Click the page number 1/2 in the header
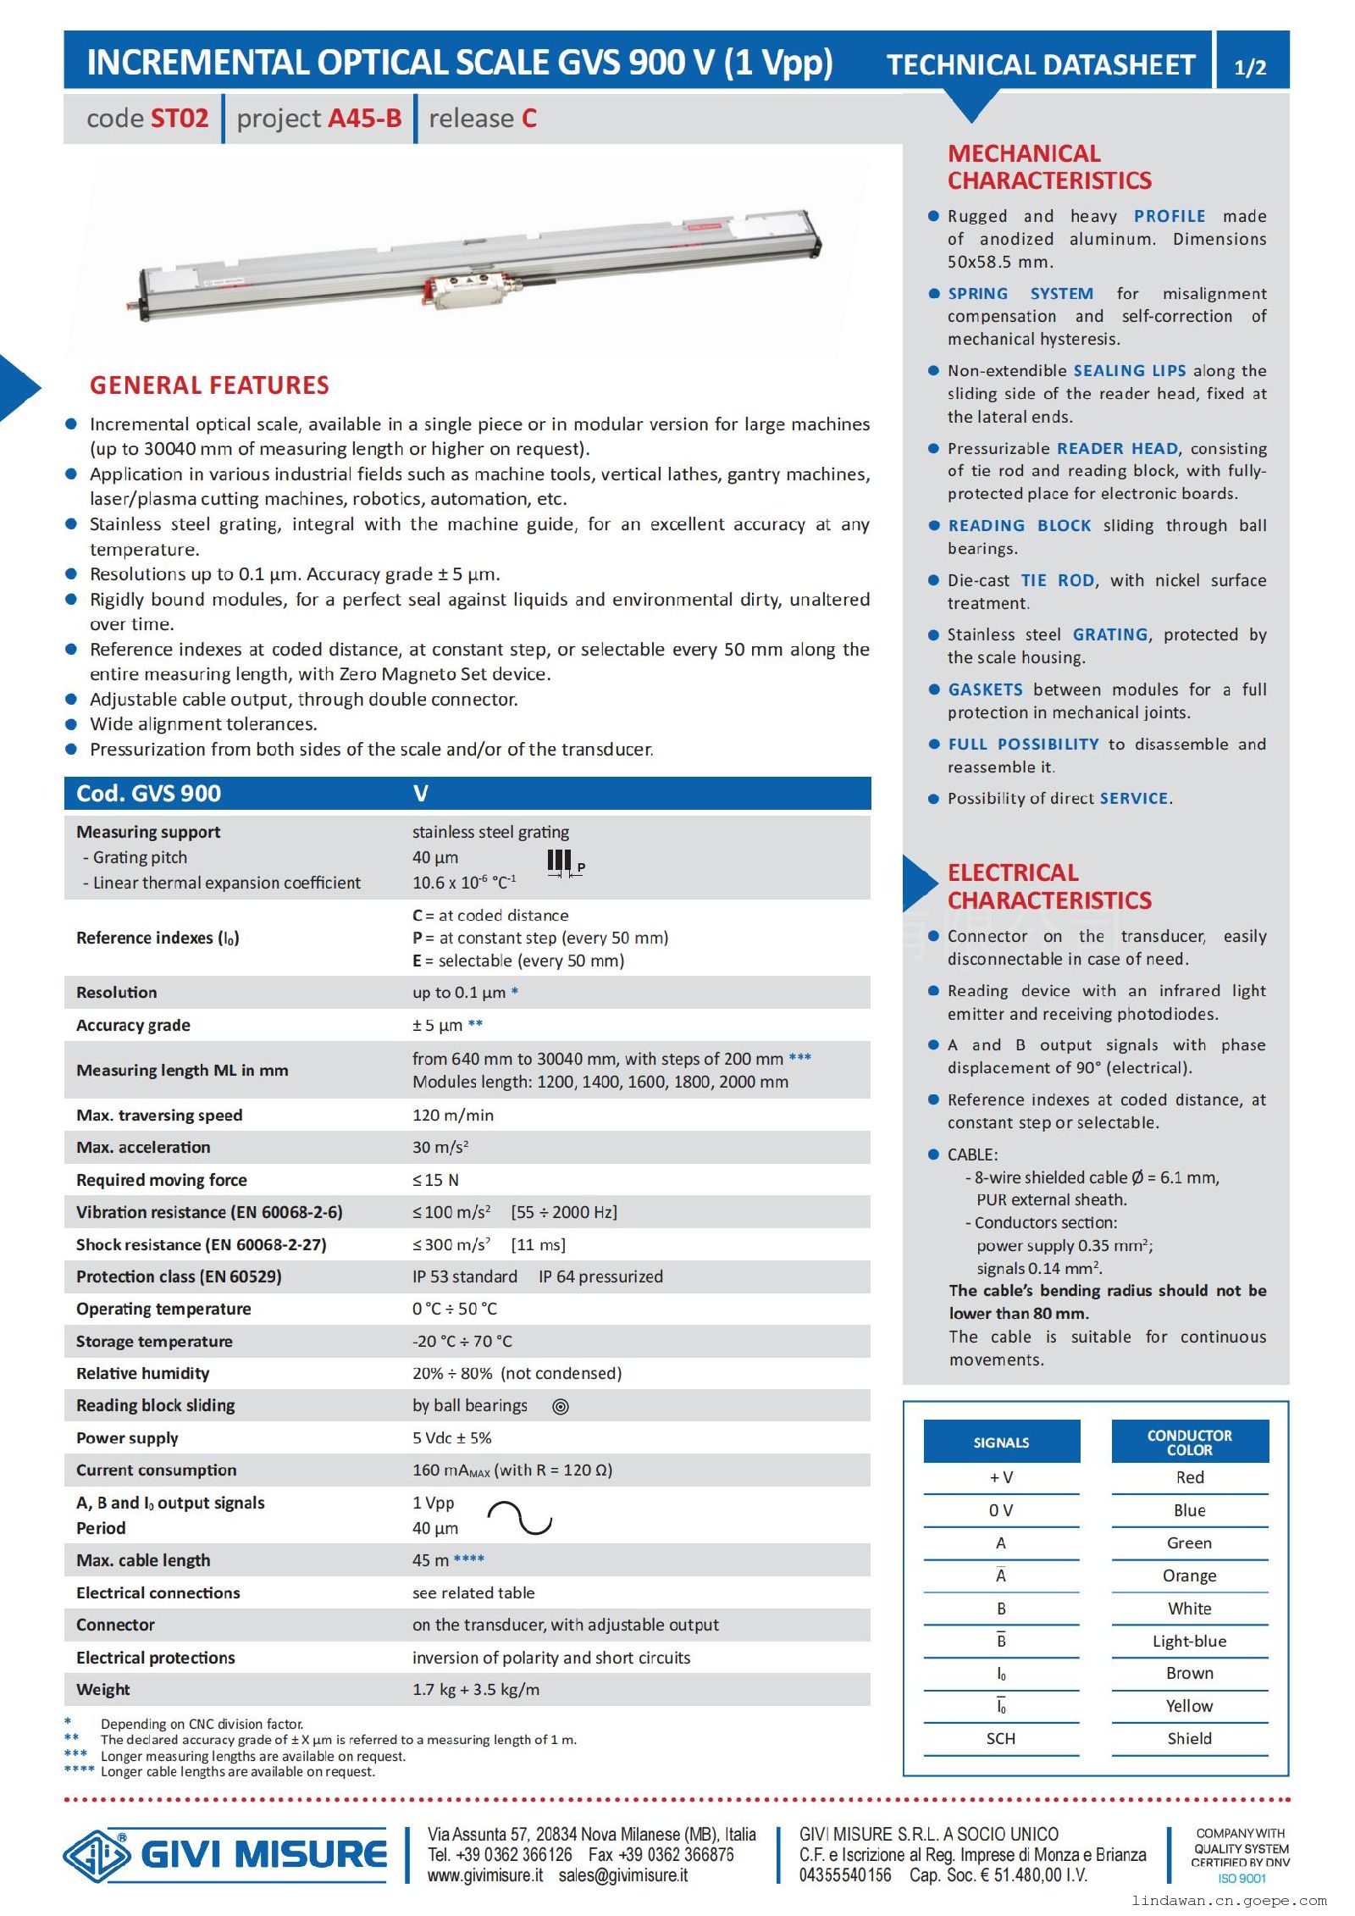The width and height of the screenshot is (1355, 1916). click(1250, 67)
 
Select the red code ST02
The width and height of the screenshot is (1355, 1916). click(178, 119)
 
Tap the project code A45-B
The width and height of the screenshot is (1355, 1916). click(364, 119)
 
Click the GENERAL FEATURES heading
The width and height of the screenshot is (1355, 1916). click(209, 385)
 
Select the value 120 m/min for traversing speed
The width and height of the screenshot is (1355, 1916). click(452, 1115)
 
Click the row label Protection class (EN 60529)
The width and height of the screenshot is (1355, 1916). click(179, 1276)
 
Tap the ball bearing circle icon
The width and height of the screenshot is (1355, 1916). click(560, 1407)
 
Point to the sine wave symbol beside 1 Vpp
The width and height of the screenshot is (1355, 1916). click(519, 1518)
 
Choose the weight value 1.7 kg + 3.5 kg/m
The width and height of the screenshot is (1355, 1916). click(475, 1689)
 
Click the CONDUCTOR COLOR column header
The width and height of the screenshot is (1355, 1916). click(1189, 1442)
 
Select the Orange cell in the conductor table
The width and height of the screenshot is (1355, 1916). click(1189, 1575)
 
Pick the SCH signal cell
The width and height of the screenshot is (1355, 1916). click(1000, 1738)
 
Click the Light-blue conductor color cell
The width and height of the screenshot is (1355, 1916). click(1189, 1641)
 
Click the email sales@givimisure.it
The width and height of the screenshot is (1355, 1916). click(622, 1875)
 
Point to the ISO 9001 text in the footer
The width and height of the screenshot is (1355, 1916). click(1242, 1878)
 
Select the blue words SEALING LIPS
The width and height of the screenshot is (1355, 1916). click(1130, 370)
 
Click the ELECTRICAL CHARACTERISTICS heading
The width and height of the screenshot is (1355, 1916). click(1048, 886)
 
